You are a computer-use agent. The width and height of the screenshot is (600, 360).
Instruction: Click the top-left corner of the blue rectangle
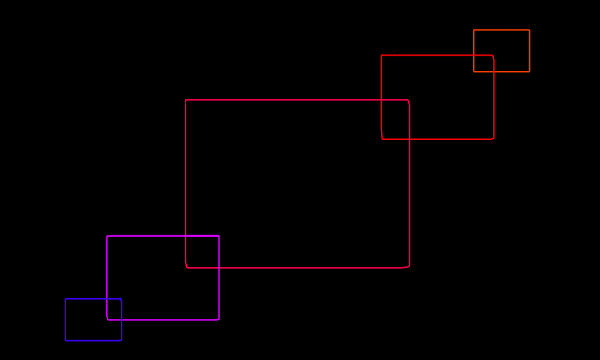[x=65, y=299]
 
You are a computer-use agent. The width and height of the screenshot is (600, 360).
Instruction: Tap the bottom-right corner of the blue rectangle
[x=122, y=340]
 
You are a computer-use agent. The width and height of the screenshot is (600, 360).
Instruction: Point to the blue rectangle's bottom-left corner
[x=65, y=340]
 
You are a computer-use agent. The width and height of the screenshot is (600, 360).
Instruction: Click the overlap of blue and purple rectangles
[x=114, y=309]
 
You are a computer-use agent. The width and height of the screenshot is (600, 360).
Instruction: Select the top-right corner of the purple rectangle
[x=219, y=236]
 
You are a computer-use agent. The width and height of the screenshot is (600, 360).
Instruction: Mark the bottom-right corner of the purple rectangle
[x=219, y=320]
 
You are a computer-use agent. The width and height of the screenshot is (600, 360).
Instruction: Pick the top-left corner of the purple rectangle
[x=107, y=236]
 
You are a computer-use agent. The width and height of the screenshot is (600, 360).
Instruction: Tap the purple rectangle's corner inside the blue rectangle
[x=107, y=320]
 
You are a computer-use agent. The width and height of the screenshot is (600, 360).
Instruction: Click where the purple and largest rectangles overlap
[x=202, y=252]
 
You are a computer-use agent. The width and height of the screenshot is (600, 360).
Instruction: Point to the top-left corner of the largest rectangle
[x=185, y=100]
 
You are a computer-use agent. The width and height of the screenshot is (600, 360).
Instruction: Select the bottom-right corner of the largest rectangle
[x=409, y=268]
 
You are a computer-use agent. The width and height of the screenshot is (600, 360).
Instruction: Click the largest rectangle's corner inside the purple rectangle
[x=185, y=268]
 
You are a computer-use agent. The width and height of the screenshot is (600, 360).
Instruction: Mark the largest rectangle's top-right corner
[x=409, y=100]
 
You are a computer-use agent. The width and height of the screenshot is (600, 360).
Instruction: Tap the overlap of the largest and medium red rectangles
[x=395, y=120]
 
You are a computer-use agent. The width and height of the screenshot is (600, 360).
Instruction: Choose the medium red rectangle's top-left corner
[x=381, y=55]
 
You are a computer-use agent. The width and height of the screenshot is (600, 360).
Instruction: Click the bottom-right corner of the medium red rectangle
[x=494, y=139]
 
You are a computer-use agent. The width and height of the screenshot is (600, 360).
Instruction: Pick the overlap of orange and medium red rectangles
[x=483, y=63]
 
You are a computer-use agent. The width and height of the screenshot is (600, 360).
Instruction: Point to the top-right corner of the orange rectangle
[x=530, y=30]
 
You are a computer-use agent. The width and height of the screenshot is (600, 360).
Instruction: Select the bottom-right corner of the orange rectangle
[x=530, y=72]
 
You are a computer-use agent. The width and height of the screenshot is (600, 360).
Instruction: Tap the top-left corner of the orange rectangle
[x=474, y=30]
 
